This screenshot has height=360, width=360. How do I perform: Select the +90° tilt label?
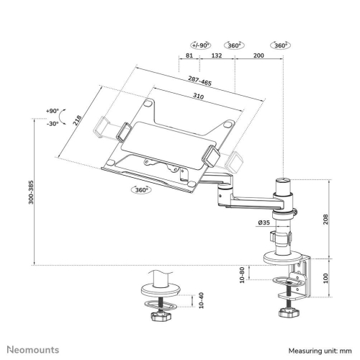click(x=52, y=111)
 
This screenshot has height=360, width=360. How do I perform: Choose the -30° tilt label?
click(x=52, y=123)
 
